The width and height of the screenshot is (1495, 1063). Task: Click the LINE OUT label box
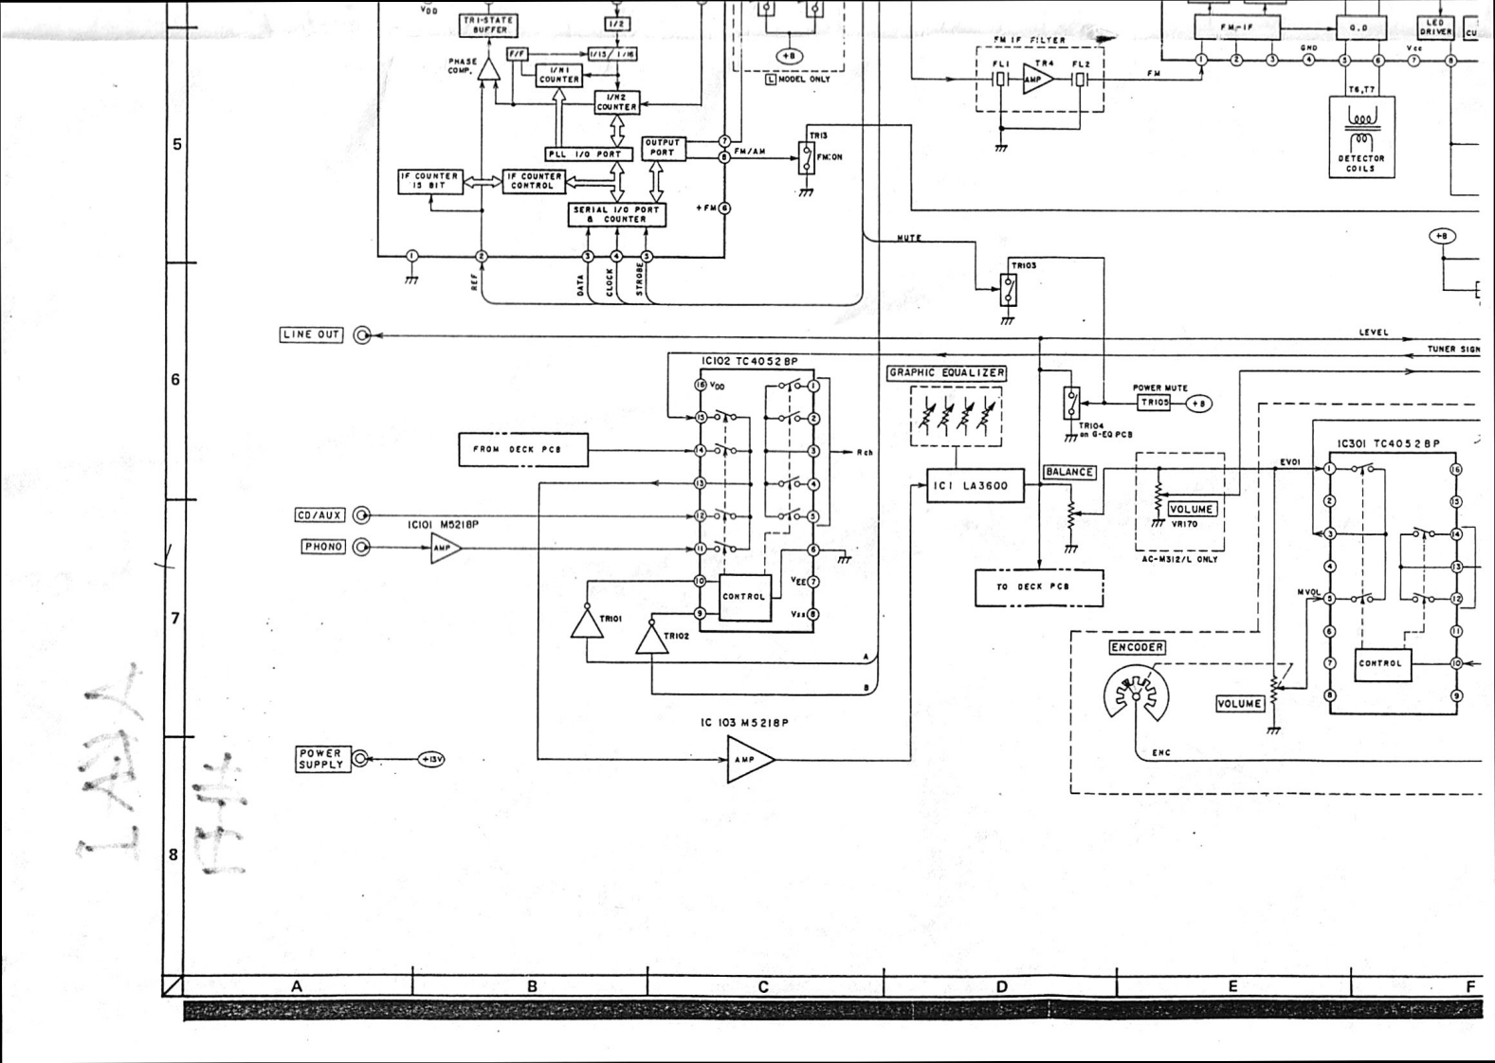coord(311,334)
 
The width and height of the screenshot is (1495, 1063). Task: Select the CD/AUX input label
coord(319,515)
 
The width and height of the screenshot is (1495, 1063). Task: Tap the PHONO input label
coord(323,547)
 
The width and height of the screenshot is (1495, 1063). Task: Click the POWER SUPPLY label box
coord(320,759)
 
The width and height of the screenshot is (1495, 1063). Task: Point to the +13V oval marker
coord(431,759)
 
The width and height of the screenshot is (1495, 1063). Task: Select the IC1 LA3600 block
coord(975,486)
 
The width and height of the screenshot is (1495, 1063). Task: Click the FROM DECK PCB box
coord(523,450)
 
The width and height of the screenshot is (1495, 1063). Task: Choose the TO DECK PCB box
coord(1039,587)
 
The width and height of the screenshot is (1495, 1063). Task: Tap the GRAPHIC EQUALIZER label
coord(946,373)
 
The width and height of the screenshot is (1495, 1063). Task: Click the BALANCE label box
coord(1069,472)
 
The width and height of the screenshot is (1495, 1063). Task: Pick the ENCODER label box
coord(1137,647)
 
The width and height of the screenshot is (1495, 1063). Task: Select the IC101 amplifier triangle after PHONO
coord(444,548)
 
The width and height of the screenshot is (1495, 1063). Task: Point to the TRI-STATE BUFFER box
coord(489,25)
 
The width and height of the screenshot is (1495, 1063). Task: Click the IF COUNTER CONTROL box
coord(533,181)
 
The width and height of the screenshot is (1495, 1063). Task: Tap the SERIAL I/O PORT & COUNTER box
coord(616,215)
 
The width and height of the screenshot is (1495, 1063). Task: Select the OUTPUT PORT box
coord(663,148)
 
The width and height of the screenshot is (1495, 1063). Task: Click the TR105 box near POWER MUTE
coord(1154,403)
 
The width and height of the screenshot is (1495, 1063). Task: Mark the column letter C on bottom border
coord(763,986)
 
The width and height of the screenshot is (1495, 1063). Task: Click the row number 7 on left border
coord(174,618)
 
